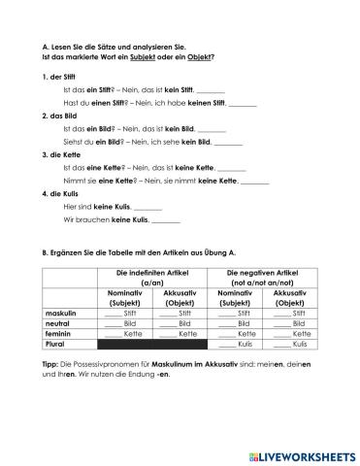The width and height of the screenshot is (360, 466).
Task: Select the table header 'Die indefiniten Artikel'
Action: [154, 274]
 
